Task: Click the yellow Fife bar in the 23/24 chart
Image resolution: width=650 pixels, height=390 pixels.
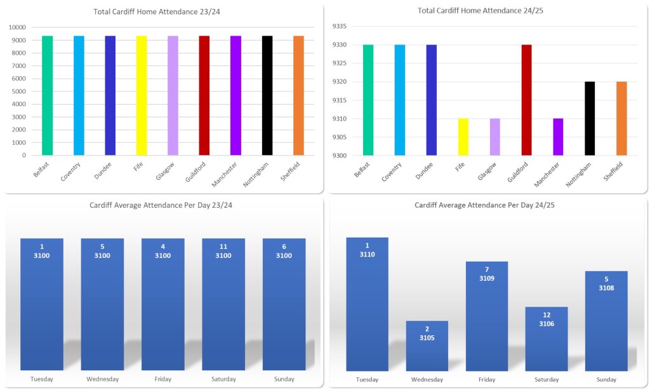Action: [x=141, y=95]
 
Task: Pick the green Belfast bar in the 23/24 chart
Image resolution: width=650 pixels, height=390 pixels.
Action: [x=47, y=95]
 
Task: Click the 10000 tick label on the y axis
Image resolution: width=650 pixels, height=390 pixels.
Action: [x=17, y=27]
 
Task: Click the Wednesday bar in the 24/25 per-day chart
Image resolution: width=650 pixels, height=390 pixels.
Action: [x=427, y=346]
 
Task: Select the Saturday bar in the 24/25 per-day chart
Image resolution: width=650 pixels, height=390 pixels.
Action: [x=547, y=339]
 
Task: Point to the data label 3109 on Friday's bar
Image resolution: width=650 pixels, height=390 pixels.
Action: [x=487, y=278]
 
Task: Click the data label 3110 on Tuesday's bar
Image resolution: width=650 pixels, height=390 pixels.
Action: [x=368, y=254]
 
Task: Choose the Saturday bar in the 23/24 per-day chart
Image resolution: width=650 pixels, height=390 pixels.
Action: [x=223, y=304]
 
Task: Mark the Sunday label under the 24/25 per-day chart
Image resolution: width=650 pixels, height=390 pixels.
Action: [x=606, y=379]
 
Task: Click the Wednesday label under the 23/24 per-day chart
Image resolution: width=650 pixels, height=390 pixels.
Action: [x=102, y=379]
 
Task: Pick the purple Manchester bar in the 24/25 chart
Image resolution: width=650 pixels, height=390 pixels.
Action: [x=558, y=137]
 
